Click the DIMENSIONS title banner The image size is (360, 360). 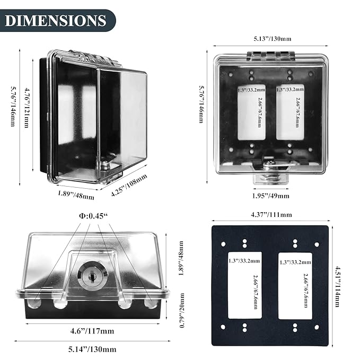(x=56, y=21)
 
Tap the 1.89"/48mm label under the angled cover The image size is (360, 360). (x=76, y=195)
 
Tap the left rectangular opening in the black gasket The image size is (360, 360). (x=244, y=285)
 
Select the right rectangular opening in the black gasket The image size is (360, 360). (x=295, y=285)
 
